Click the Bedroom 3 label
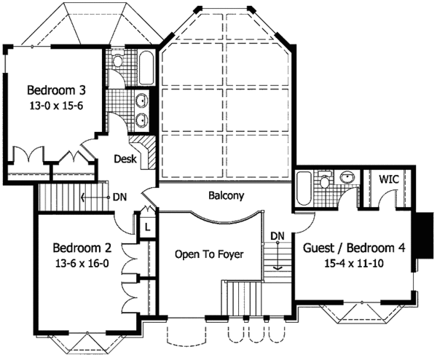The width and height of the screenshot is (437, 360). point(57,90)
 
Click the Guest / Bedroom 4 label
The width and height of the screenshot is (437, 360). point(354,247)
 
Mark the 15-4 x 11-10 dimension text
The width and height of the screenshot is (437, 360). point(355,262)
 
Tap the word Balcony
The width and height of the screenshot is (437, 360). point(226,196)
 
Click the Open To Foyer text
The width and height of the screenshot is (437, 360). point(208,254)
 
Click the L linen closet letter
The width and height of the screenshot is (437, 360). point(148,227)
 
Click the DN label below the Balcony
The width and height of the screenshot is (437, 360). point(277,235)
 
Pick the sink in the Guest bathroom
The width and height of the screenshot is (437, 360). point(348,177)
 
